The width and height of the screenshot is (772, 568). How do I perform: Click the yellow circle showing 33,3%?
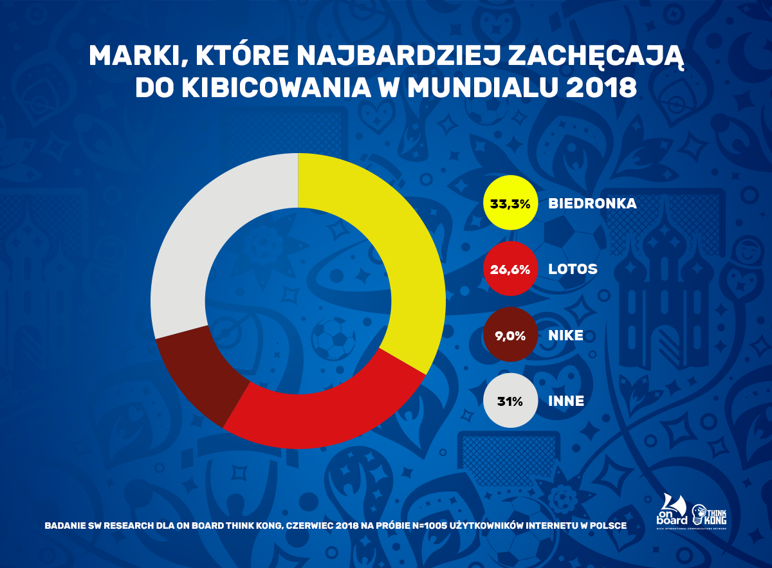tap(510, 204)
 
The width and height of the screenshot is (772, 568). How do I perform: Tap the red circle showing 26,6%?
tap(510, 270)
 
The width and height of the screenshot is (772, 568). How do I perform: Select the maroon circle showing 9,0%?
tap(510, 335)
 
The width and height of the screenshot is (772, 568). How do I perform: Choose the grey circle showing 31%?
tap(510, 401)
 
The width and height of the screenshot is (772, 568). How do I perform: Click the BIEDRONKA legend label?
tap(593, 204)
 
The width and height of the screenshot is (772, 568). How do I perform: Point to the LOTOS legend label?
tap(573, 270)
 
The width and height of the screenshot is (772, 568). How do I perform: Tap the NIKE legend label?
tap(566, 335)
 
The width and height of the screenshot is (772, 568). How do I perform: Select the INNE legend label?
tap(566, 401)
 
